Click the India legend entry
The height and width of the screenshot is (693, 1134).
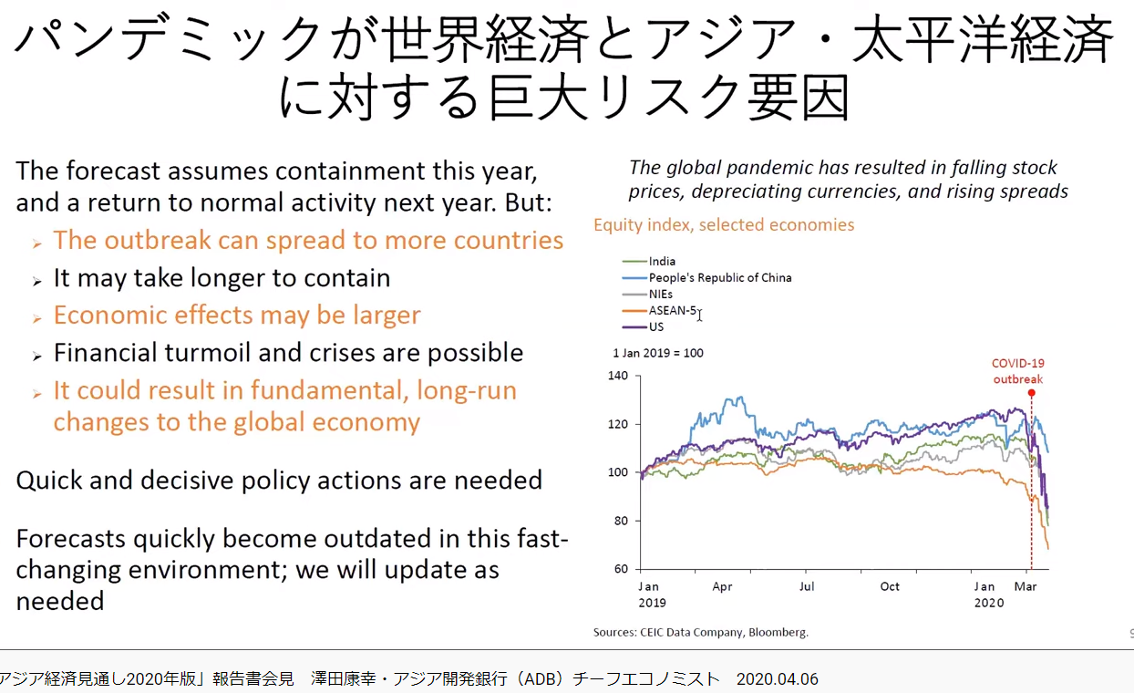(x=648, y=262)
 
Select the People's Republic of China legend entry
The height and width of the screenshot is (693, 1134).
(x=706, y=277)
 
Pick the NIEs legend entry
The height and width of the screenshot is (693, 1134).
(x=647, y=295)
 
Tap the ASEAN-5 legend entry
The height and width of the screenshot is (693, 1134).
(x=659, y=311)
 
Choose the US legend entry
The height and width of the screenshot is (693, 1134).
(x=643, y=326)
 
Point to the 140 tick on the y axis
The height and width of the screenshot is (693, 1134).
(x=618, y=376)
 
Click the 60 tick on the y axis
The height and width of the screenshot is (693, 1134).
(x=621, y=569)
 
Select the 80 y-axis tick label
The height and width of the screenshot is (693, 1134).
(x=621, y=521)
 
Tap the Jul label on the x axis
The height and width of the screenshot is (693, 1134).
(x=807, y=586)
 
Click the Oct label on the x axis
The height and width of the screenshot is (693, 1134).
(x=890, y=586)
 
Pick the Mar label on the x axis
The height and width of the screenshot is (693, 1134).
(x=1026, y=586)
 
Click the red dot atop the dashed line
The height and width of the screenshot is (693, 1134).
(x=1031, y=393)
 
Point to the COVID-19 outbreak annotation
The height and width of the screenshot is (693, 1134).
(x=1018, y=371)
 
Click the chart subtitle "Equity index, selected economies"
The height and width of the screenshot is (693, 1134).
(x=724, y=225)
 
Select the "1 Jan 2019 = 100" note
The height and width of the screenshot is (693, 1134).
(x=658, y=353)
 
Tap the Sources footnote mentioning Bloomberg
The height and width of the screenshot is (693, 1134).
(x=701, y=632)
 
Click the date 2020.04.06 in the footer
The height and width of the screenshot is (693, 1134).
(x=777, y=678)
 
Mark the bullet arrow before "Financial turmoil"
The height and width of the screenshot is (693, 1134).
(x=37, y=356)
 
